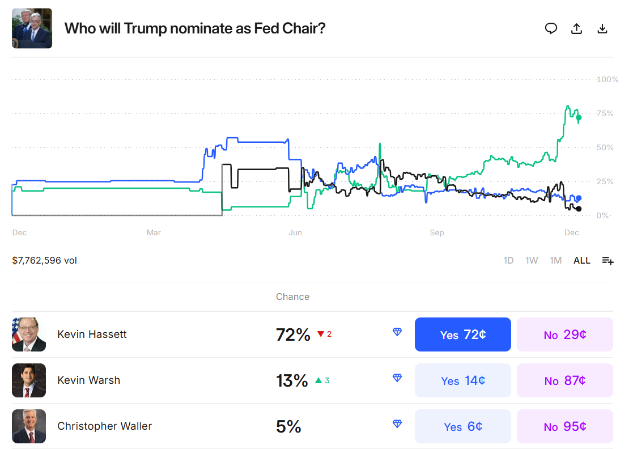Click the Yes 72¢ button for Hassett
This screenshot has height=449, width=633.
462,334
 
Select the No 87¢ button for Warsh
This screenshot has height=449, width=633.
564,380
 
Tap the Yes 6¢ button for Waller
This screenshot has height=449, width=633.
462,426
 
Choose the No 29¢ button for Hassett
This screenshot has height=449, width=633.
564,334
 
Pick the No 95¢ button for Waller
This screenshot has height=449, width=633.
564,426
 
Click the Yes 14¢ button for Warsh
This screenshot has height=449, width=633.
462,380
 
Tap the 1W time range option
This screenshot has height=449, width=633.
532,260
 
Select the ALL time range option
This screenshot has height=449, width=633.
581,260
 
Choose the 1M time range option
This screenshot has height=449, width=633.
555,260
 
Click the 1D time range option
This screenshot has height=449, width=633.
508,260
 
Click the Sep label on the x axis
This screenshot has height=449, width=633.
436,232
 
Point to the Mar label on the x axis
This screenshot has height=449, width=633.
154,232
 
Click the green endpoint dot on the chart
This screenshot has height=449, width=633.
579,118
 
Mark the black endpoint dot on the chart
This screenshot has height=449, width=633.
579,209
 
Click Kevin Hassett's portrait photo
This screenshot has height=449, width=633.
29,334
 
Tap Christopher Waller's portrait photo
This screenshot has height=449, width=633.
29,426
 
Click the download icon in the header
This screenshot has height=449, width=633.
602,29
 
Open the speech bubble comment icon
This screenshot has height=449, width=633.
551,28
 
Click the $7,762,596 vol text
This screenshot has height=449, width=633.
44,260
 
